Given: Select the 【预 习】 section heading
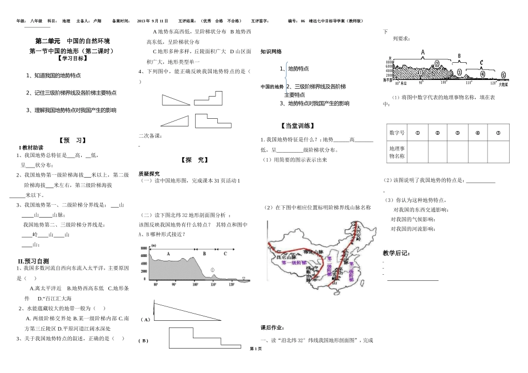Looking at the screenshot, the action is (72, 140).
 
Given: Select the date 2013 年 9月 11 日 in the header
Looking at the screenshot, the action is (152, 21).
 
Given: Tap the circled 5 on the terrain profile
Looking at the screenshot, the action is (504, 75).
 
